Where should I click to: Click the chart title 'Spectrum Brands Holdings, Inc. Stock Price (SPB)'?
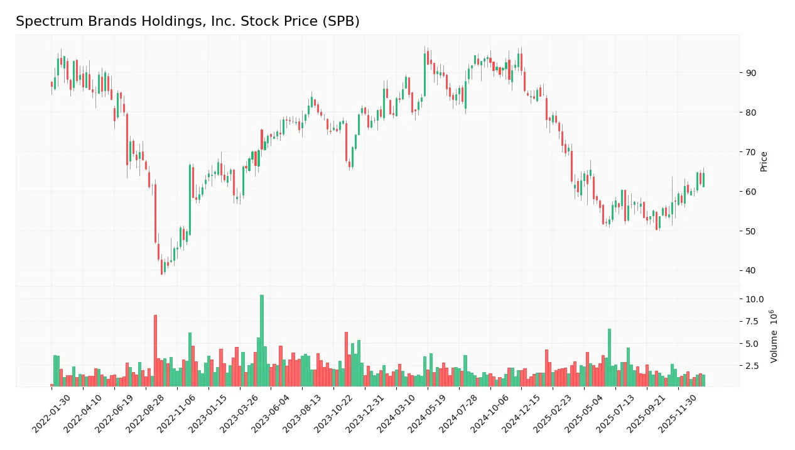click(x=187, y=21)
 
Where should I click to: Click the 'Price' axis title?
click(x=764, y=162)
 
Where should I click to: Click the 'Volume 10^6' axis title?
click(x=774, y=336)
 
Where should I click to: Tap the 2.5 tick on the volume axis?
click(x=753, y=366)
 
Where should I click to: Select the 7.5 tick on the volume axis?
click(x=753, y=322)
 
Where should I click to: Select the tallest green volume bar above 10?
click(x=262, y=341)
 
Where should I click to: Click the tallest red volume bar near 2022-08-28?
click(x=155, y=351)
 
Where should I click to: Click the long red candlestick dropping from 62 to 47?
click(x=155, y=213)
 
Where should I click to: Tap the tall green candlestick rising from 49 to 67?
click(x=190, y=199)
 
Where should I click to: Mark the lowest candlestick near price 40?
click(x=161, y=266)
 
